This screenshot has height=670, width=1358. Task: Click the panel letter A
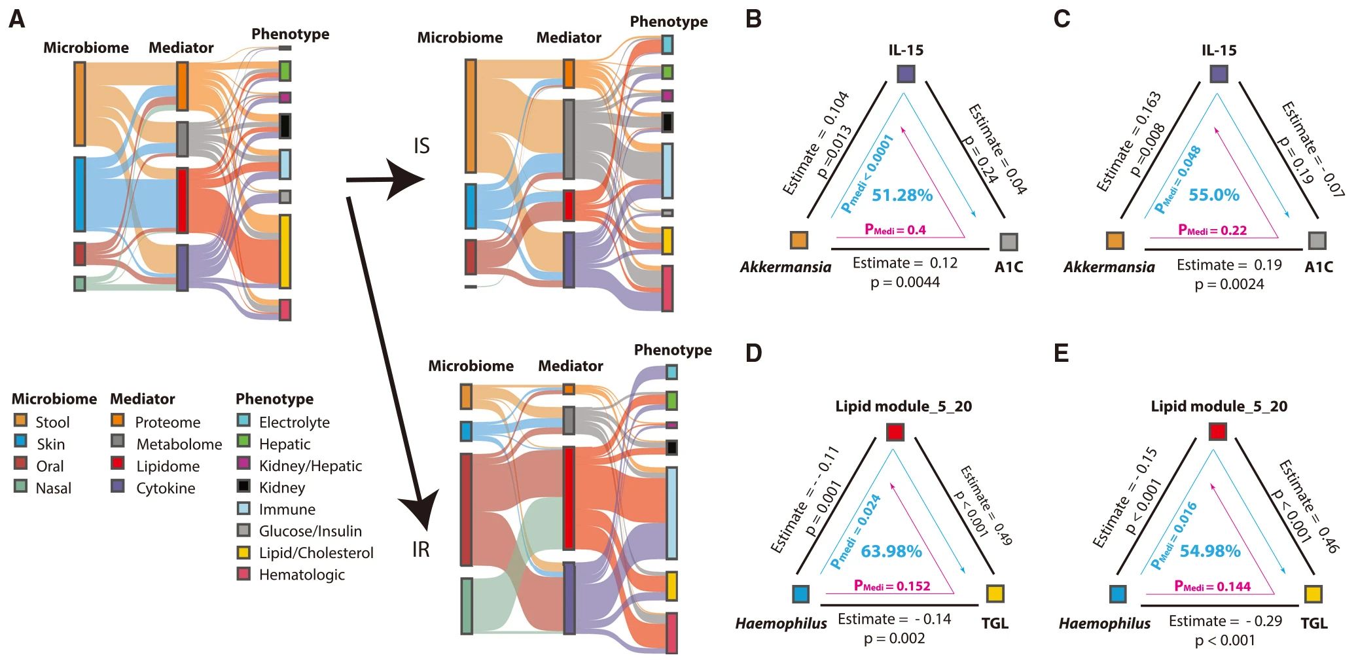click(16, 20)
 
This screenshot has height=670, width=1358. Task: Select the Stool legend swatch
click(20, 420)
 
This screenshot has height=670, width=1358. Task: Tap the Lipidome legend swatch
click(118, 463)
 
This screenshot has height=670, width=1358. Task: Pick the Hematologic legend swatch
click(243, 574)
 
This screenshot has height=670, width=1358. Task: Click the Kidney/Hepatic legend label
click(310, 466)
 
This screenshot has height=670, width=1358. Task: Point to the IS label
click(421, 146)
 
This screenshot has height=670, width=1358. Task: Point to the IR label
click(421, 550)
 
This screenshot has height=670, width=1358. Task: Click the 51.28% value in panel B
click(902, 195)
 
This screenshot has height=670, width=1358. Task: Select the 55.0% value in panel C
click(1214, 195)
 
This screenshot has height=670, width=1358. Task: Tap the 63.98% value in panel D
click(891, 552)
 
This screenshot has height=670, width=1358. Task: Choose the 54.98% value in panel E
click(1210, 552)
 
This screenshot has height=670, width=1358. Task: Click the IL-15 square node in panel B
click(906, 74)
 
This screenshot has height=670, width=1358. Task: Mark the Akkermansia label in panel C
click(1109, 267)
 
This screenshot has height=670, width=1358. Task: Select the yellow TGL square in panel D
click(995, 593)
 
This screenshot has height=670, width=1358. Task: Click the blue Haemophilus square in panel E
click(1118, 594)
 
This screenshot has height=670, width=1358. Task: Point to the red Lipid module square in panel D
click(895, 432)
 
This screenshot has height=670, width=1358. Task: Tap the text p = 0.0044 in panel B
click(904, 283)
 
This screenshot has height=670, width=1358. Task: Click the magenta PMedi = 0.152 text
click(892, 586)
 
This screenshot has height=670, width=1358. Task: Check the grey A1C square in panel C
click(1317, 240)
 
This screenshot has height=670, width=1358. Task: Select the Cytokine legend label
click(166, 488)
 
